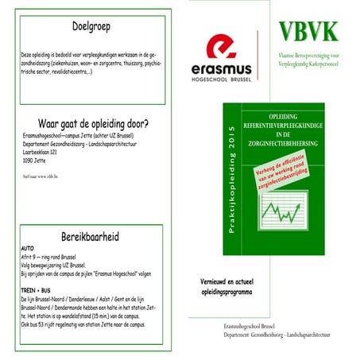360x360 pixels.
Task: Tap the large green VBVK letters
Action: (308, 32)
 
